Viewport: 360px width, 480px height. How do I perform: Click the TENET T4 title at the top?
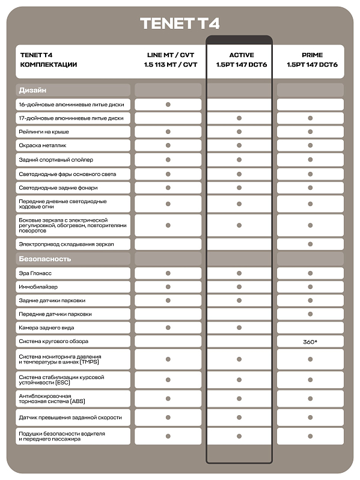point(180,23)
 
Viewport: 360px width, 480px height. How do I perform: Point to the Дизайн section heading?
point(32,90)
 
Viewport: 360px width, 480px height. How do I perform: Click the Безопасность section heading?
point(45,259)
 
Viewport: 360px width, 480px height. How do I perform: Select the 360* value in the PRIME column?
point(310,341)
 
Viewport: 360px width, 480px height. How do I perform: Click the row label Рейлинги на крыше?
point(44,132)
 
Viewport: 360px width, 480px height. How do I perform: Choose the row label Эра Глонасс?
point(35,273)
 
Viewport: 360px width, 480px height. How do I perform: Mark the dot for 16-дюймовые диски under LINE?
point(168,105)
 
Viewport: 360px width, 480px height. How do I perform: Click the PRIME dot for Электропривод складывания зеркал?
point(310,244)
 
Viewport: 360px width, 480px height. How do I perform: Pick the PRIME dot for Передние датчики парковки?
point(310,314)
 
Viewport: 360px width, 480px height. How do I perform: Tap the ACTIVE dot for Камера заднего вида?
point(239,327)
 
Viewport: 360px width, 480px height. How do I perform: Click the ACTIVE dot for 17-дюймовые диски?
point(239,118)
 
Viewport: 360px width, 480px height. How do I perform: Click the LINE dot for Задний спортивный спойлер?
point(168,160)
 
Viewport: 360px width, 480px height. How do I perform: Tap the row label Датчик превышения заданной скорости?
point(70,417)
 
